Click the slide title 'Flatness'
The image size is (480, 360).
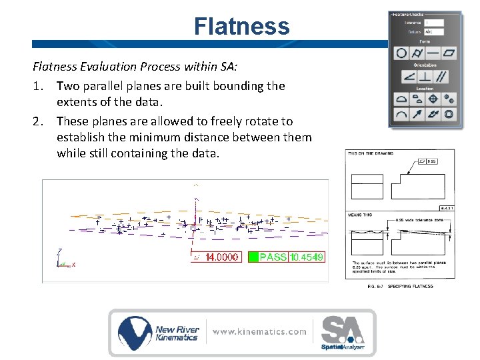click(x=241, y=27)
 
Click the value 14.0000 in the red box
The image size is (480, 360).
click(x=221, y=257)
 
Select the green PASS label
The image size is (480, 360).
click(x=273, y=257)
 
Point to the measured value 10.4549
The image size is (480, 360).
click(x=307, y=257)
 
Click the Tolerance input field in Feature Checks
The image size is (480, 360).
click(x=434, y=23)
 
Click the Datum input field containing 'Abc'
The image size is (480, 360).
click(x=434, y=31)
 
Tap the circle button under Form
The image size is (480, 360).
click(x=401, y=52)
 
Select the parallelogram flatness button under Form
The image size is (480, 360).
click(x=450, y=52)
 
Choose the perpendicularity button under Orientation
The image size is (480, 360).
click(x=425, y=77)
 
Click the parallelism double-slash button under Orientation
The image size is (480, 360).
click(x=441, y=77)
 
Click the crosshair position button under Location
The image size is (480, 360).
click(x=433, y=99)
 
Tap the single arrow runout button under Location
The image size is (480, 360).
click(x=417, y=115)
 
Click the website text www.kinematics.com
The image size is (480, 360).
click(x=260, y=331)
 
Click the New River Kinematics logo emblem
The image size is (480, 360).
click(x=135, y=332)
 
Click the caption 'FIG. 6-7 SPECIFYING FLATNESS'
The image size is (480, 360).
click(x=400, y=286)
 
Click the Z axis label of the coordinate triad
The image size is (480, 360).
click(x=60, y=251)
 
